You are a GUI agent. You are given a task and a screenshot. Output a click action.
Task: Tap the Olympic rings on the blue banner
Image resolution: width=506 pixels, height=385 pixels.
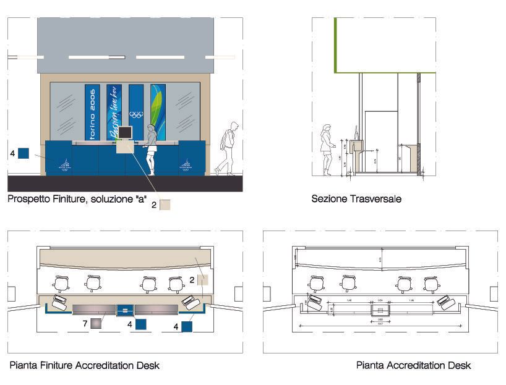[x=136, y=115]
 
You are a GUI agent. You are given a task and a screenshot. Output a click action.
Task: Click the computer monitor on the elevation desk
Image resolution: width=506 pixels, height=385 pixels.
[x=125, y=132]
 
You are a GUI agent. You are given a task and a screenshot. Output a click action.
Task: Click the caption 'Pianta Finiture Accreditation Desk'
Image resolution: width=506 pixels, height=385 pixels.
[x=84, y=365]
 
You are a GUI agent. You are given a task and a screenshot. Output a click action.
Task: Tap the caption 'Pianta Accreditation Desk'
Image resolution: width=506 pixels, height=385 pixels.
[x=413, y=365]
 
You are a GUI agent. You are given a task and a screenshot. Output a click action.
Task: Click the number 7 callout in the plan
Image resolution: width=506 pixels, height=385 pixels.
[x=85, y=323]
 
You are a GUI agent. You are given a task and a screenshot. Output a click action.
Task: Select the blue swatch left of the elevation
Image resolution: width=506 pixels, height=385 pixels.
[x=24, y=153]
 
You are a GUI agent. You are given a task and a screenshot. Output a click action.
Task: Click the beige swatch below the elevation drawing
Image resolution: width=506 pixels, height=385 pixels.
[x=165, y=205]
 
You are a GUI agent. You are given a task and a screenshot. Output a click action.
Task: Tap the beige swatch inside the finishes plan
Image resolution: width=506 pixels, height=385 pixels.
[x=203, y=279]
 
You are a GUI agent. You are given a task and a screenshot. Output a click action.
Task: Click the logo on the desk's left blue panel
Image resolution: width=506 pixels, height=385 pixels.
[x=65, y=165]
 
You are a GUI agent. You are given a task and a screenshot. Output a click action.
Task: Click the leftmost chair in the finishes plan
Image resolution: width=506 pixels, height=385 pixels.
[x=62, y=284]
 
